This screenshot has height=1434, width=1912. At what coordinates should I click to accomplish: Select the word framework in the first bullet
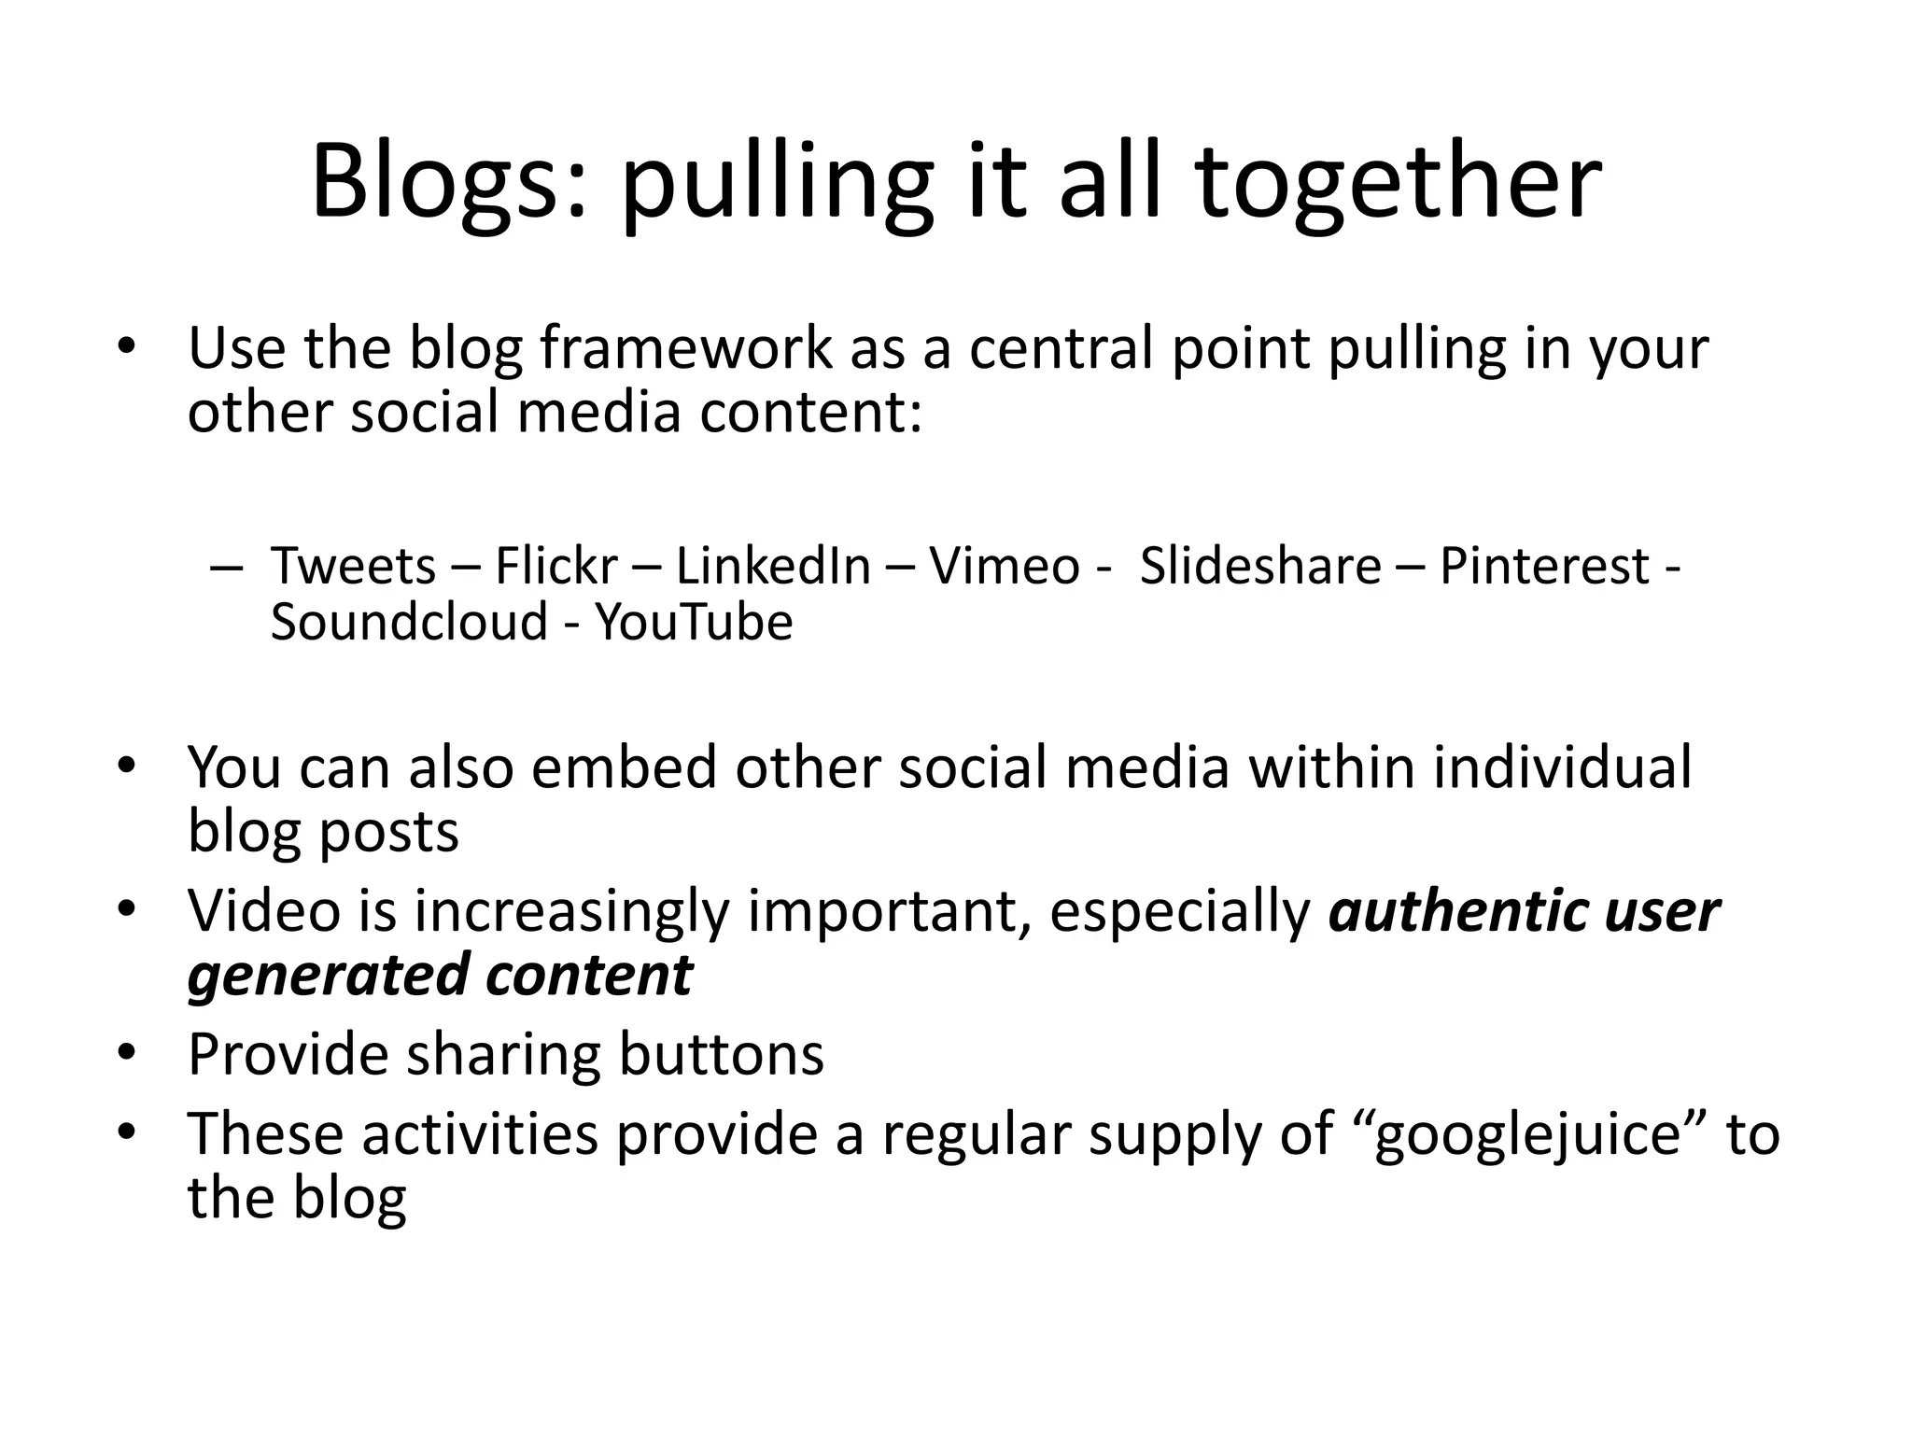coord(685,349)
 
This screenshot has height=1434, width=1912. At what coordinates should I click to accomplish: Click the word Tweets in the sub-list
coord(353,567)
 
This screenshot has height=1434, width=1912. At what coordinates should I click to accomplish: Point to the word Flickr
coord(556,567)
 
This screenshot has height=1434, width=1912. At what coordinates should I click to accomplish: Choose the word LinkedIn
coord(773,567)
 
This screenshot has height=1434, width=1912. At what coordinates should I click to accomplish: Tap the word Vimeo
coord(1005,567)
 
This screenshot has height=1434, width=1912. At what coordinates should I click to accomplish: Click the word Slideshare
coord(1260,567)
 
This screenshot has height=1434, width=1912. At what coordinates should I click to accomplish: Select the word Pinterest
coord(1545,567)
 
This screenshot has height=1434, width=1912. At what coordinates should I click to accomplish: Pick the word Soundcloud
coord(409,623)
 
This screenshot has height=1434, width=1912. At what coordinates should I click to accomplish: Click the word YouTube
coord(694,623)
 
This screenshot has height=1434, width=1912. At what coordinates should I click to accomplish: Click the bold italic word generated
coord(328,977)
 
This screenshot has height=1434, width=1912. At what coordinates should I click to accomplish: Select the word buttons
coord(722,1055)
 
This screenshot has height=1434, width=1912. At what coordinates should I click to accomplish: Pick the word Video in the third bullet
coord(264,912)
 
